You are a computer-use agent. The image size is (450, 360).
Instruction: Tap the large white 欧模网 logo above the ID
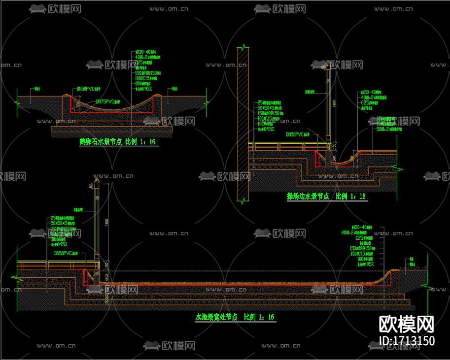pyautogui.click(x=407, y=325)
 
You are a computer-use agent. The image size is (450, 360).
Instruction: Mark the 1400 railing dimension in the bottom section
pyautogui.click(x=105, y=222)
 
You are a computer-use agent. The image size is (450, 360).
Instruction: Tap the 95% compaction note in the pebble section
pyautogui.click(x=145, y=88)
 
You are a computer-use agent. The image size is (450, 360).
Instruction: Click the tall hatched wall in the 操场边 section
pyautogui.click(x=242, y=123)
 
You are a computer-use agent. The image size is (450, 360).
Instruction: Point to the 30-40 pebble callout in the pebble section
pyautogui.click(x=146, y=51)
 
